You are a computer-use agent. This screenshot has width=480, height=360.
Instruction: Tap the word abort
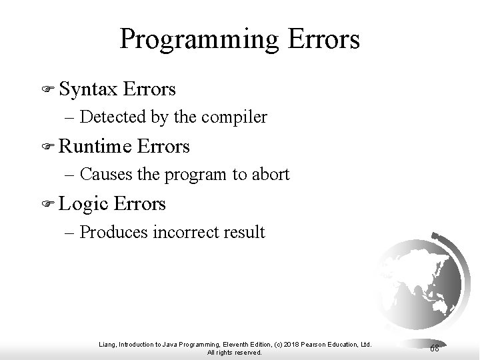point(271,175)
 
